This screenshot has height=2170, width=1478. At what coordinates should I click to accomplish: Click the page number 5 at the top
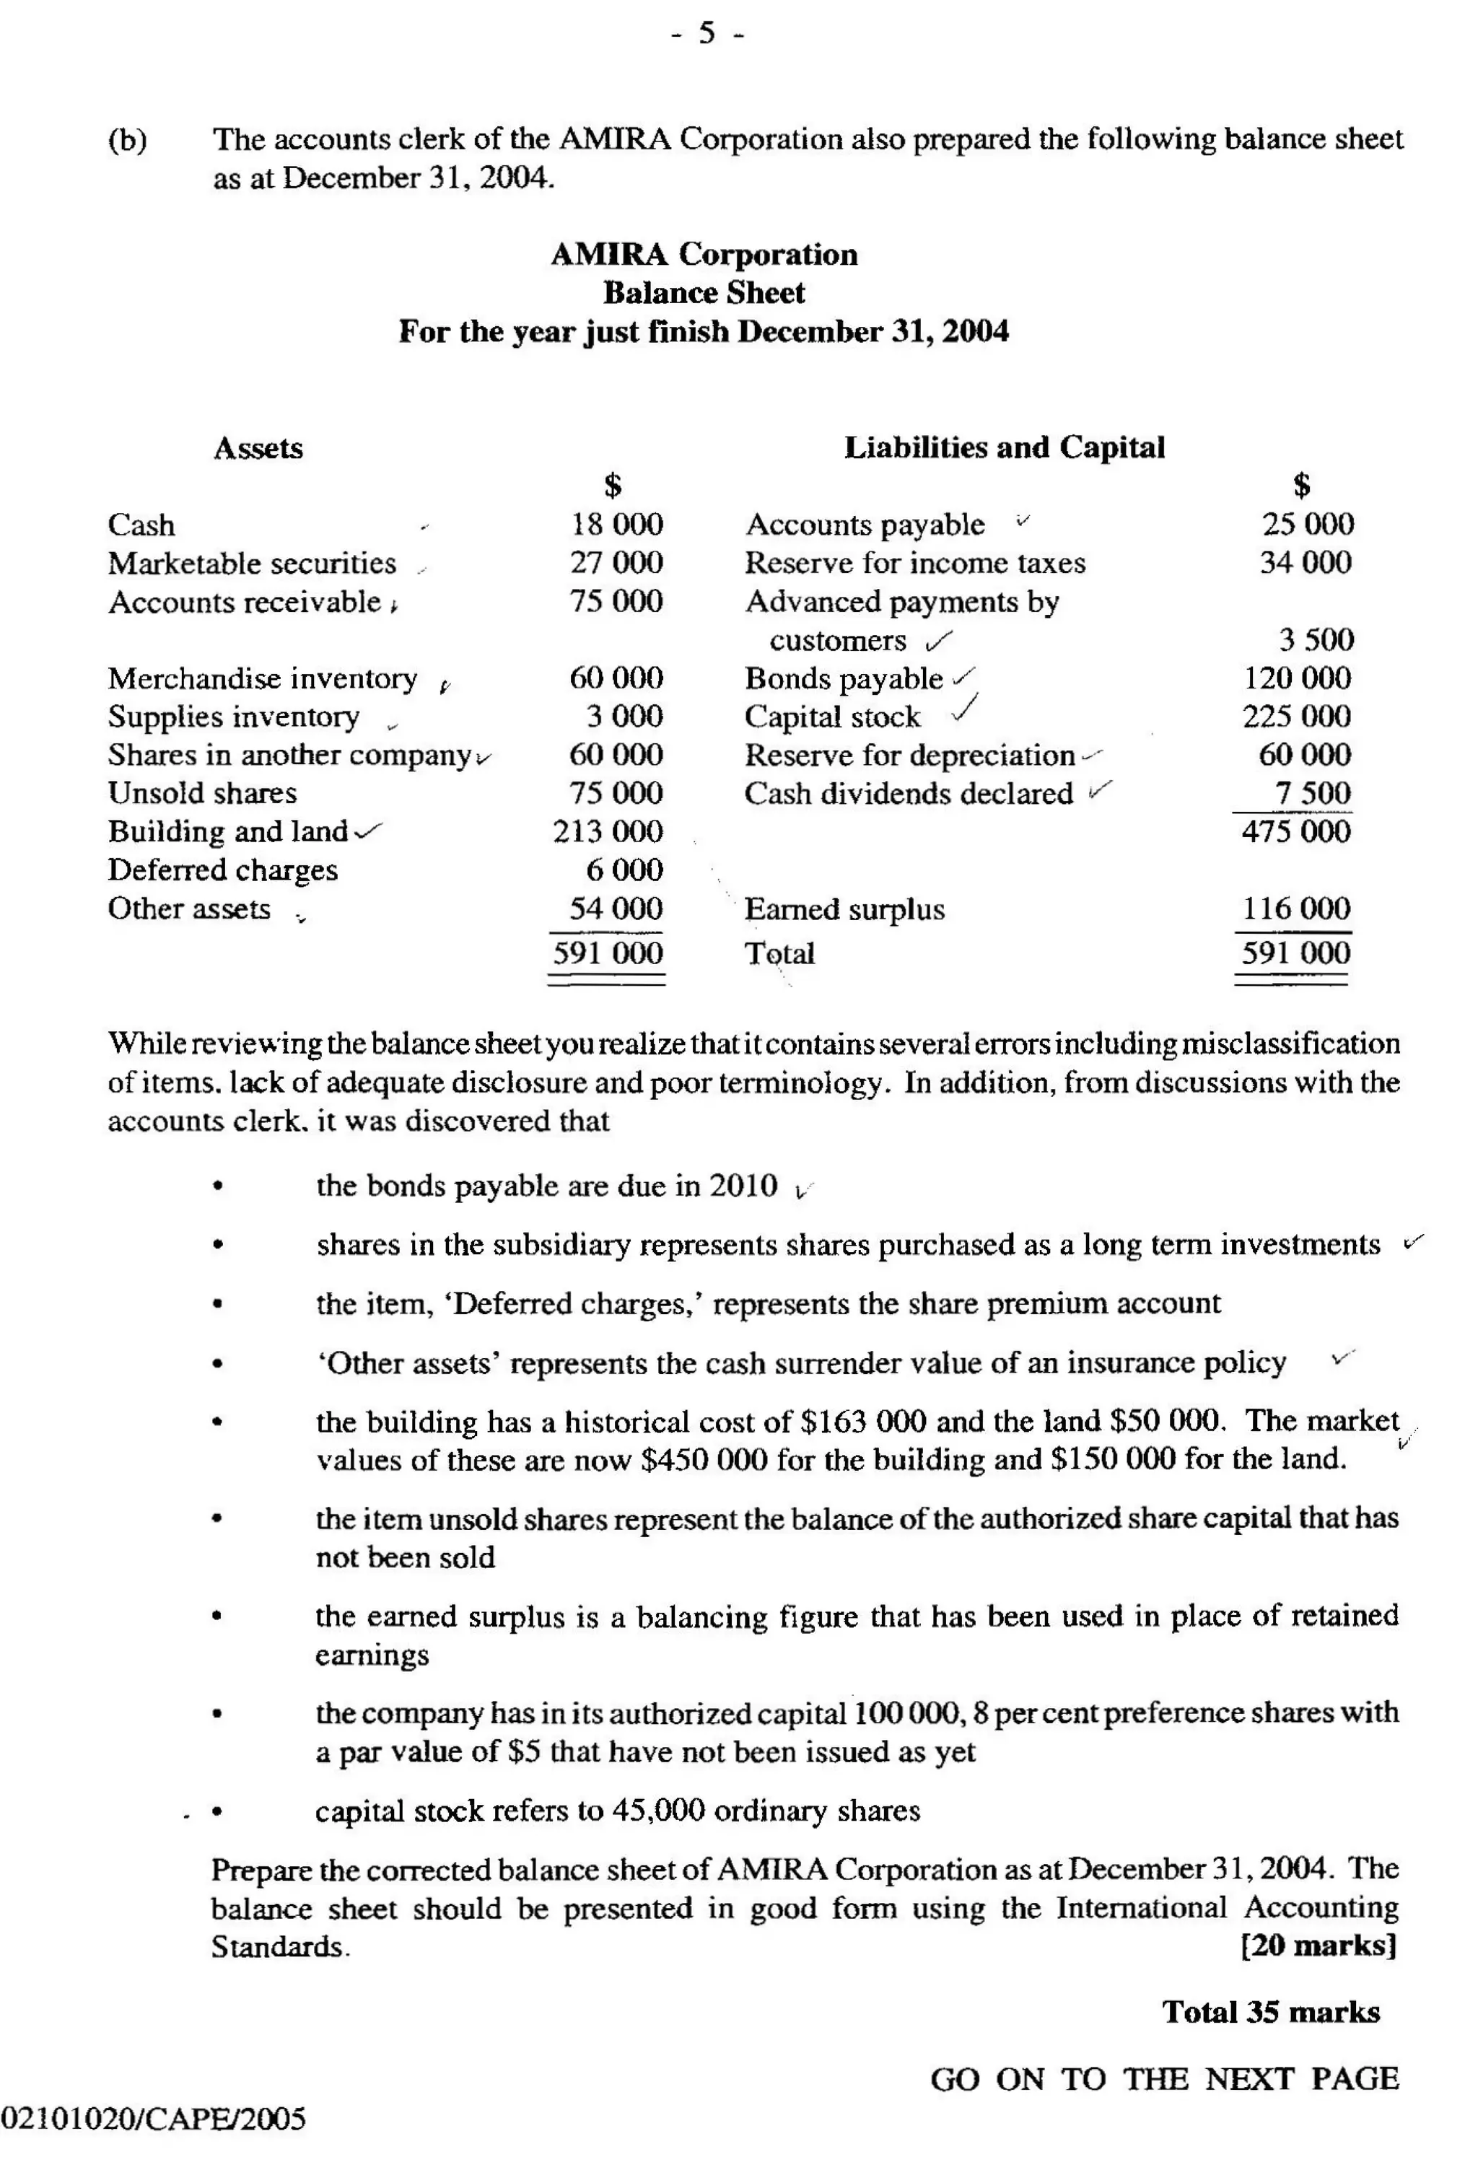click(707, 34)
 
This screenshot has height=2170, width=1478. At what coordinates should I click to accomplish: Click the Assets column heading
click(258, 448)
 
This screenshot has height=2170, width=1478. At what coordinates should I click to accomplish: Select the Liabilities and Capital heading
click(1004, 447)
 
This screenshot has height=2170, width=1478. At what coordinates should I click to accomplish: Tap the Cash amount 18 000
click(616, 524)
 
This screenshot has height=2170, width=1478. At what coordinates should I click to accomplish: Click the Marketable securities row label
click(252, 563)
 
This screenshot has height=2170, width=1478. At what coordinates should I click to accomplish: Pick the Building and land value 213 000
click(607, 831)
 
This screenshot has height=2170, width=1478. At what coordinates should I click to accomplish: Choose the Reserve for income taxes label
click(914, 563)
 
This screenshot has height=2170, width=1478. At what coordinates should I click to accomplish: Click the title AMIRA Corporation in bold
click(703, 254)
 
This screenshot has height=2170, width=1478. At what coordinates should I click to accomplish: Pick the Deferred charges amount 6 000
click(624, 870)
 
